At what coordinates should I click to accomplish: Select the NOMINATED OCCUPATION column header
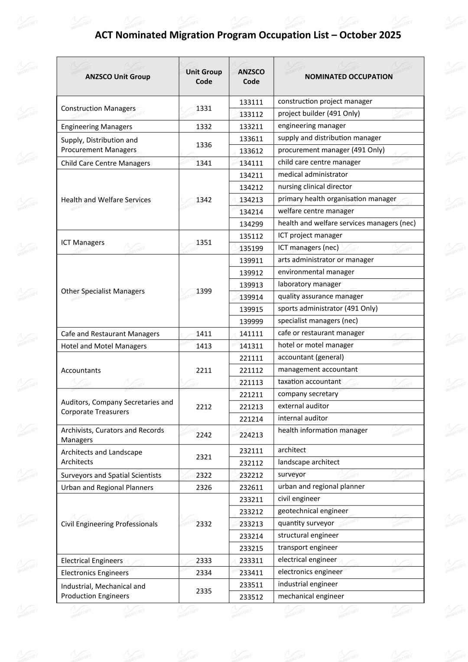[348, 77]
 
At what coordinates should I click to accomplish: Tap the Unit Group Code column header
[204, 77]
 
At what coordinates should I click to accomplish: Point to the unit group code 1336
[204, 145]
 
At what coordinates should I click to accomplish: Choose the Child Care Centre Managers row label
[105, 163]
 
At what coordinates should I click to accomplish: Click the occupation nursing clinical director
[315, 186]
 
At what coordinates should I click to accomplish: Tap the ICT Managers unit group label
[83, 242]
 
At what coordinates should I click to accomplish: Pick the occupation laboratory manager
[309, 284]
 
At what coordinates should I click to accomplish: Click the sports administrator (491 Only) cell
[328, 308]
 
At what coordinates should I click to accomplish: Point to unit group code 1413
[204, 346]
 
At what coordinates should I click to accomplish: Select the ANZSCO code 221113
[251, 382]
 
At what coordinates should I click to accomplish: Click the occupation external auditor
[303, 406]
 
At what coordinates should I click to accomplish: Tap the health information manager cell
[322, 430]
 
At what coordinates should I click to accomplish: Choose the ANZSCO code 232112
[251, 463]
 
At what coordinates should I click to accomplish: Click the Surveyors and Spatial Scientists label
[111, 475]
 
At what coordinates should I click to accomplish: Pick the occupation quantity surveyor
[306, 523]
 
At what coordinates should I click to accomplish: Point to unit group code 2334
[204, 573]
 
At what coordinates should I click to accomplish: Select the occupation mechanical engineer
[311, 596]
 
